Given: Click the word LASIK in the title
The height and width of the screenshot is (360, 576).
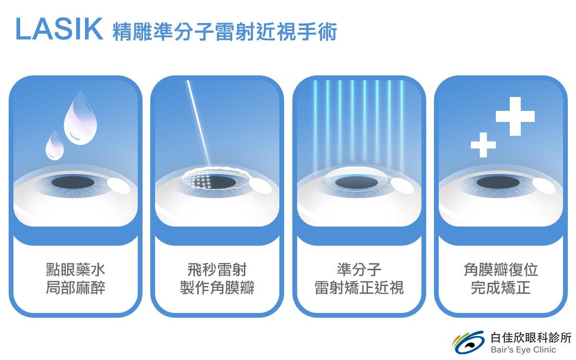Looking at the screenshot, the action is (x=60, y=29).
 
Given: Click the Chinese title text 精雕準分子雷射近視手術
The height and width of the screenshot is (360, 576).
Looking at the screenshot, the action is (x=225, y=32).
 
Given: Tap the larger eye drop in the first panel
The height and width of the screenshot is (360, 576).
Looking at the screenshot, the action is (x=81, y=118).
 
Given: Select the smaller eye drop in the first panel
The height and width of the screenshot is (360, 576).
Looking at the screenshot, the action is (x=55, y=145).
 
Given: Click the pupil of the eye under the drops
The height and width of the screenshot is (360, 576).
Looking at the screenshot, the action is (x=73, y=182).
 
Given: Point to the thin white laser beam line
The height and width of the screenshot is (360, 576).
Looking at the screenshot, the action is (x=199, y=123).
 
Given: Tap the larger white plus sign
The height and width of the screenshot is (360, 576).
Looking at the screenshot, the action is (x=515, y=116).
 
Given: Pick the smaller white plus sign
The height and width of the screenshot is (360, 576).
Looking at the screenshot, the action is (x=483, y=145).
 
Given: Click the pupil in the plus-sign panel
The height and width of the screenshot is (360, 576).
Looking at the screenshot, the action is (x=498, y=182).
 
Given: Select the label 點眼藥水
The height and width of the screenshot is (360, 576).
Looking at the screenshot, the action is (x=75, y=269).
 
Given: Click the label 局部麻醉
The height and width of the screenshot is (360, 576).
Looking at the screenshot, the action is (x=75, y=288).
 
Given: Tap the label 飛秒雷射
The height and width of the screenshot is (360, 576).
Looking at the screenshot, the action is (x=217, y=269).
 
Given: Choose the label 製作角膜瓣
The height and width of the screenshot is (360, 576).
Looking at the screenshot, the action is (x=217, y=288).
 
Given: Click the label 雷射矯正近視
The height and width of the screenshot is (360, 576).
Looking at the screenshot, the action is (x=359, y=288).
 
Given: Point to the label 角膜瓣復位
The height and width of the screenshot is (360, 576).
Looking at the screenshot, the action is (x=501, y=269).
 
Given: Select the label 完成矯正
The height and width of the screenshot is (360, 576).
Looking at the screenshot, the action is (x=501, y=288).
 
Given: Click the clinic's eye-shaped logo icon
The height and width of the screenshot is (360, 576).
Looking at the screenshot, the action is (x=468, y=342).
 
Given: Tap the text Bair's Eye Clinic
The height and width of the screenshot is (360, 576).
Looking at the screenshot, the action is (x=523, y=350).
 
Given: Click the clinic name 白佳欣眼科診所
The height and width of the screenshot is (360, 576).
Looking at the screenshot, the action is (x=531, y=337).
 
